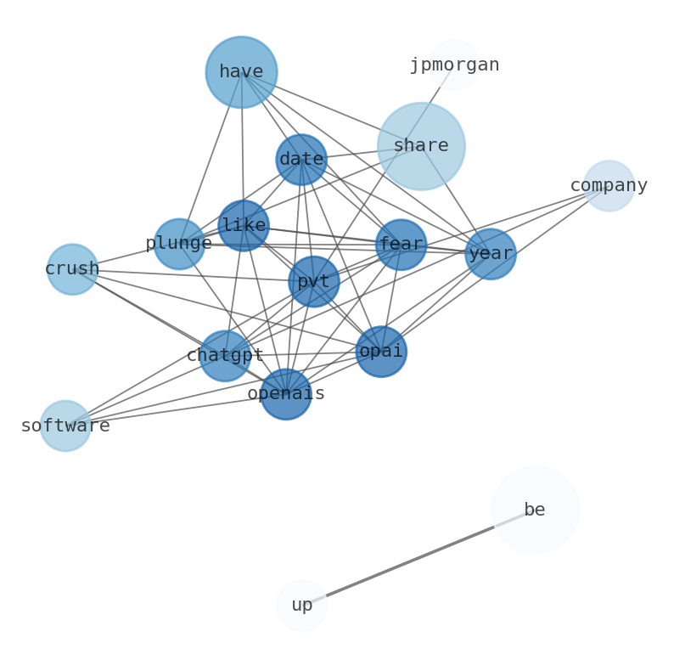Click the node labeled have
coord(241,72)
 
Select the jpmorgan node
coord(454,65)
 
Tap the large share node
coord(421,146)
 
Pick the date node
coord(301,160)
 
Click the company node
coord(609,185)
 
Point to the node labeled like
coord(244,226)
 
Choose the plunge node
coord(179,244)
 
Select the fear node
coord(401,245)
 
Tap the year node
coord(491,254)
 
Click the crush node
coord(72,269)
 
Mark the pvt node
coord(314,282)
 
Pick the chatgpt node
coord(225,356)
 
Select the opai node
coord(381,352)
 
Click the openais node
coord(286,394)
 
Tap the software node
coord(65,426)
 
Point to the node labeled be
coord(535,510)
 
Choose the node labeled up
coord(301,606)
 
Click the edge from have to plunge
coord(211,158)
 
